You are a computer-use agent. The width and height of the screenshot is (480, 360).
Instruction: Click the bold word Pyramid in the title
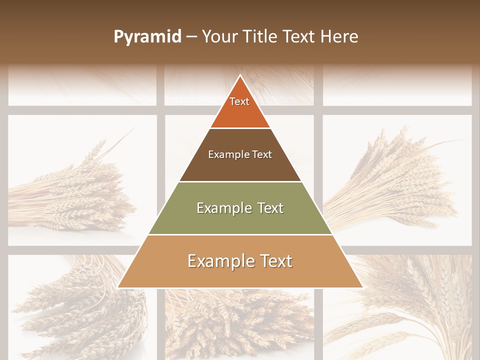point(147,37)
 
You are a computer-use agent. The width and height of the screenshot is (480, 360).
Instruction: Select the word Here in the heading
point(339,37)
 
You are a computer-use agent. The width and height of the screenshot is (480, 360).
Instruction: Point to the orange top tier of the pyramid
point(240,112)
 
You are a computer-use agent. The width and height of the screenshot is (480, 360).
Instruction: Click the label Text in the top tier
point(239,101)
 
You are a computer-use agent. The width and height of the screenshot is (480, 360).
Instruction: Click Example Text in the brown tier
point(240,154)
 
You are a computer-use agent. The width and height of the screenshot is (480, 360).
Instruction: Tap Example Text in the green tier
point(240,208)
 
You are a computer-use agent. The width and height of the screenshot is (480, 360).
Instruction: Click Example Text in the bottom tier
point(240,261)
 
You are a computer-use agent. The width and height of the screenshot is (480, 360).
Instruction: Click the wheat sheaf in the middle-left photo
point(75,195)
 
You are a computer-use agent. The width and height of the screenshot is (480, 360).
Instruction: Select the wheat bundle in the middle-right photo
point(395,185)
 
